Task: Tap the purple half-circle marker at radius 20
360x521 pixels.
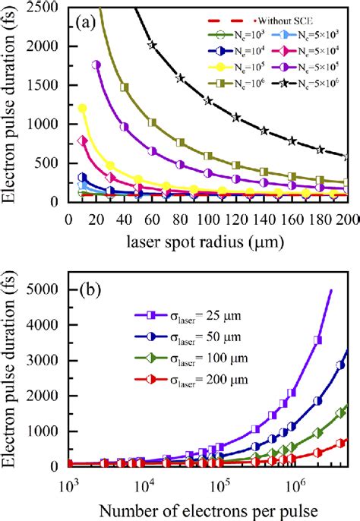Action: [x=96, y=65]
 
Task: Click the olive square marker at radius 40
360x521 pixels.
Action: [x=125, y=87]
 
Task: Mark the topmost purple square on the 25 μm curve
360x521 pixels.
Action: [x=318, y=339]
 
